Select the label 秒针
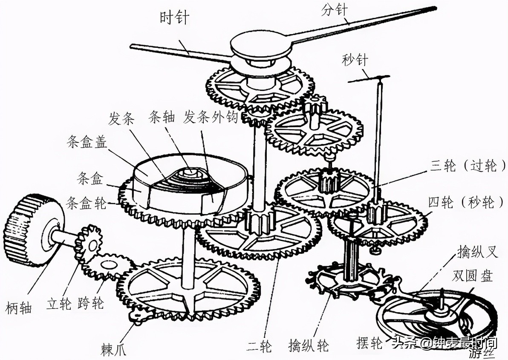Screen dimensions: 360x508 pos(354,60)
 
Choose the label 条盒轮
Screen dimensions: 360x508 pos(87,203)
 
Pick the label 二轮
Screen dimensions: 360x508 pos(260,344)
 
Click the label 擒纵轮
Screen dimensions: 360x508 pos(309,344)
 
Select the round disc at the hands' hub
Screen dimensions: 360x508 pos(260,45)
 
